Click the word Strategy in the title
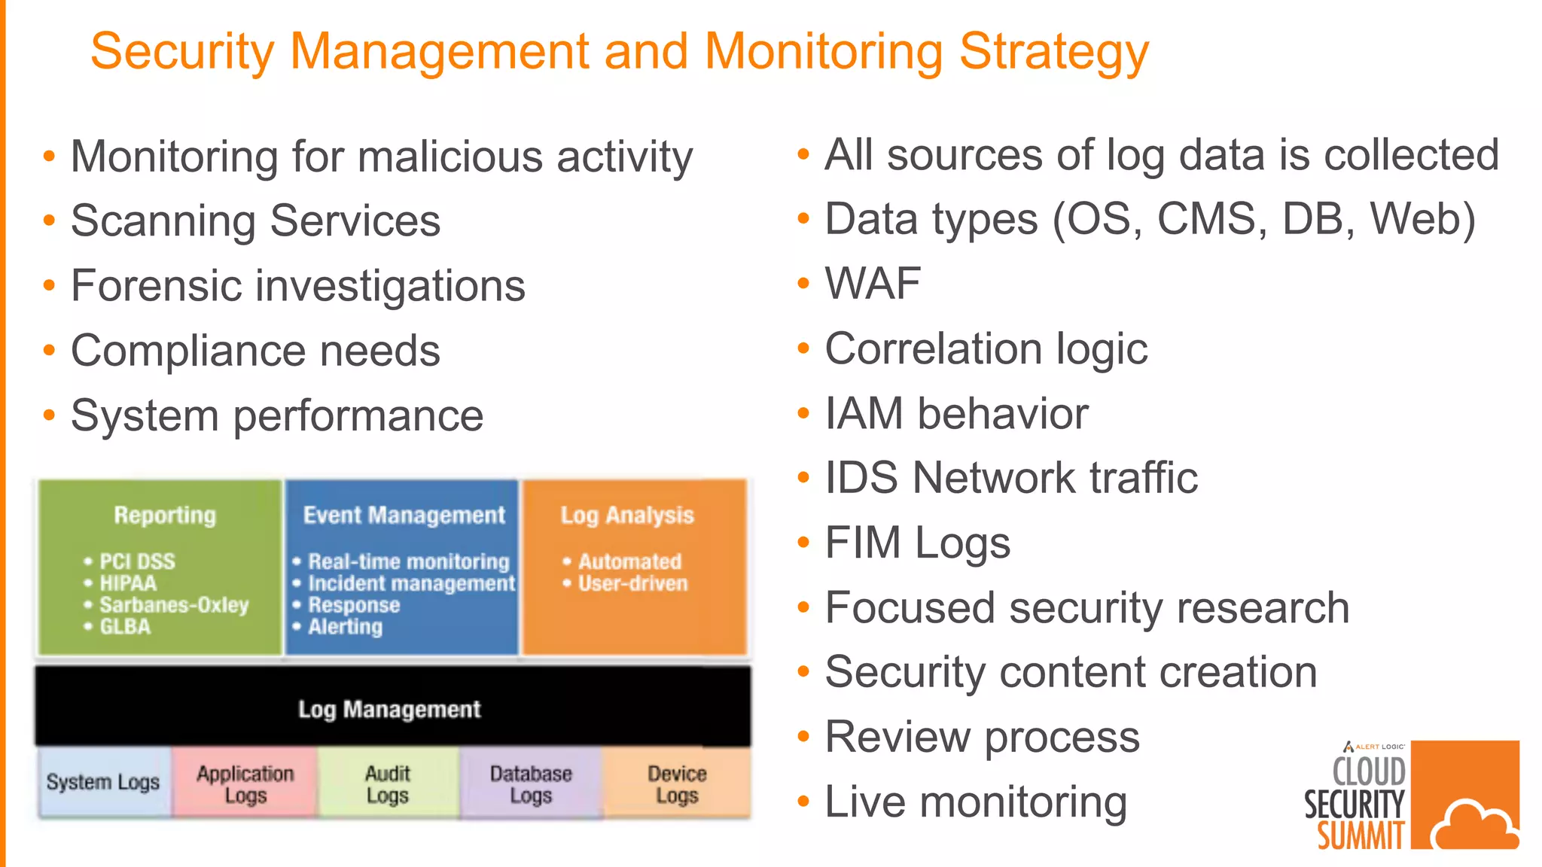tap(1054, 53)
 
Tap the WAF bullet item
tap(873, 284)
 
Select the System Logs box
tap(103, 782)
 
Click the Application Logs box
tap(245, 783)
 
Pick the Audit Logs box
tap(388, 783)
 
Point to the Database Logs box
tap(531, 783)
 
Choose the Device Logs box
tap(677, 783)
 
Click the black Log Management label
tap(389, 709)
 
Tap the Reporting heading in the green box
tap(165, 515)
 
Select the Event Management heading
tap(404, 515)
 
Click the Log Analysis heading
tap(626, 515)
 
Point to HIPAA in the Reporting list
tap(128, 583)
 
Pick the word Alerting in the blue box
tap(346, 627)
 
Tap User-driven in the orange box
tap(632, 583)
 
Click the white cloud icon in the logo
tap(1474, 826)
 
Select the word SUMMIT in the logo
tap(1361, 836)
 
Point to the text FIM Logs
tap(917, 543)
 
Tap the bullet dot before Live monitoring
tap(803, 802)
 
